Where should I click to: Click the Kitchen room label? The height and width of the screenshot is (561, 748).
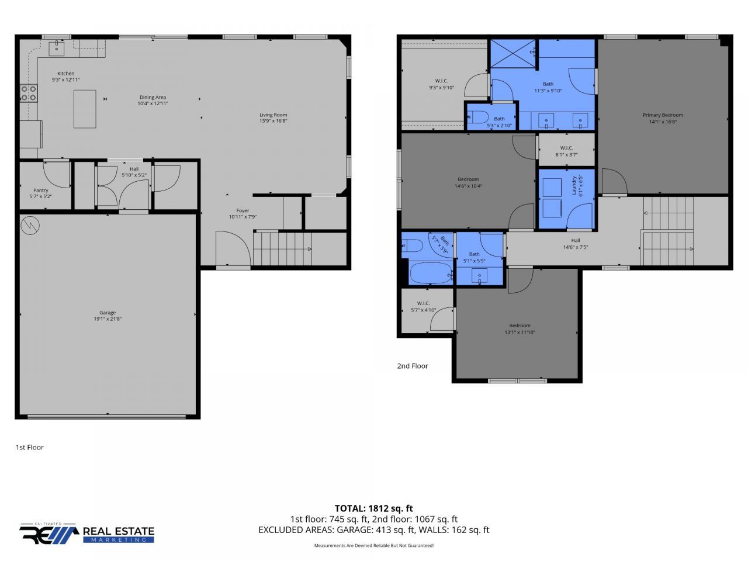tap(65, 74)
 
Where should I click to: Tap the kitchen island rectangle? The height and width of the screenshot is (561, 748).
tap(85, 109)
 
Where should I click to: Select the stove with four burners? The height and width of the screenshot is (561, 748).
tap(29, 93)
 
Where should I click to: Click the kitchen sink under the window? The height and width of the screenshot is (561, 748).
tap(57, 49)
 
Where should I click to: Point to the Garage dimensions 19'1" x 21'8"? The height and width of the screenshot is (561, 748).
tap(108, 319)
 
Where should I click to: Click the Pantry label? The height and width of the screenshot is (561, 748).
tap(41, 191)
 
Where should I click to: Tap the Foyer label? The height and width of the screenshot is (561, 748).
tap(243, 210)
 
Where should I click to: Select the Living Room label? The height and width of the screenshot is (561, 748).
tap(273, 115)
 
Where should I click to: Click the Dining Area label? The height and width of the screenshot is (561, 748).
tap(153, 97)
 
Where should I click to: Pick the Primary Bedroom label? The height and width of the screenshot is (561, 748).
tap(663, 115)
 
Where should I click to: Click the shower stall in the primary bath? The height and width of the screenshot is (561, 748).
tap(513, 53)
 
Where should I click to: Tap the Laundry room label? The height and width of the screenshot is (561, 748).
tap(574, 186)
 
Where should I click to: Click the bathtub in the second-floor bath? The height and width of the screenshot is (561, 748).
tap(431, 272)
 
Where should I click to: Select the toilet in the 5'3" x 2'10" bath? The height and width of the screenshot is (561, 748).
tap(478, 117)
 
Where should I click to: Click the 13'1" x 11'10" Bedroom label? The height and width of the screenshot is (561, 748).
tap(520, 325)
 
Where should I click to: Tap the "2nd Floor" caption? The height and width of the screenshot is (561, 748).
tap(413, 366)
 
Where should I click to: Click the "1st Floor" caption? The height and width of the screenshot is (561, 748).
tap(29, 447)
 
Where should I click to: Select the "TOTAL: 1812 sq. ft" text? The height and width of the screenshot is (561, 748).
tap(373, 508)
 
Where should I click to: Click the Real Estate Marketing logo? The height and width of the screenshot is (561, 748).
tap(87, 533)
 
